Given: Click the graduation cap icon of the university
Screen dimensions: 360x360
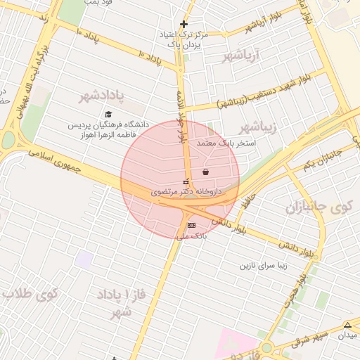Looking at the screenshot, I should coord(108,114).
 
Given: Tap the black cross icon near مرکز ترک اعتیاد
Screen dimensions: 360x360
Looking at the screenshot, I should coord(184,24).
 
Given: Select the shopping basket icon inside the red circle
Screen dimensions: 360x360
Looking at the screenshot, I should coord(205,172).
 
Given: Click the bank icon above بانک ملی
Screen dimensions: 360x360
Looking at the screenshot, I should coord(191,224).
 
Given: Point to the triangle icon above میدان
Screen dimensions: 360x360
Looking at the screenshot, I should coord(347,324).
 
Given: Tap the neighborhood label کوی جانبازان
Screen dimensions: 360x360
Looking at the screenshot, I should coord(322,208).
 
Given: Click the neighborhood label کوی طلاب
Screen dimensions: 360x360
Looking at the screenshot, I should coord(30,293).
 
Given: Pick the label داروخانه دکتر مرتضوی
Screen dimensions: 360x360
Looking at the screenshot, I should coord(186,191).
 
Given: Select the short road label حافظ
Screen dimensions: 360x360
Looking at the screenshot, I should coord(245,202).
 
